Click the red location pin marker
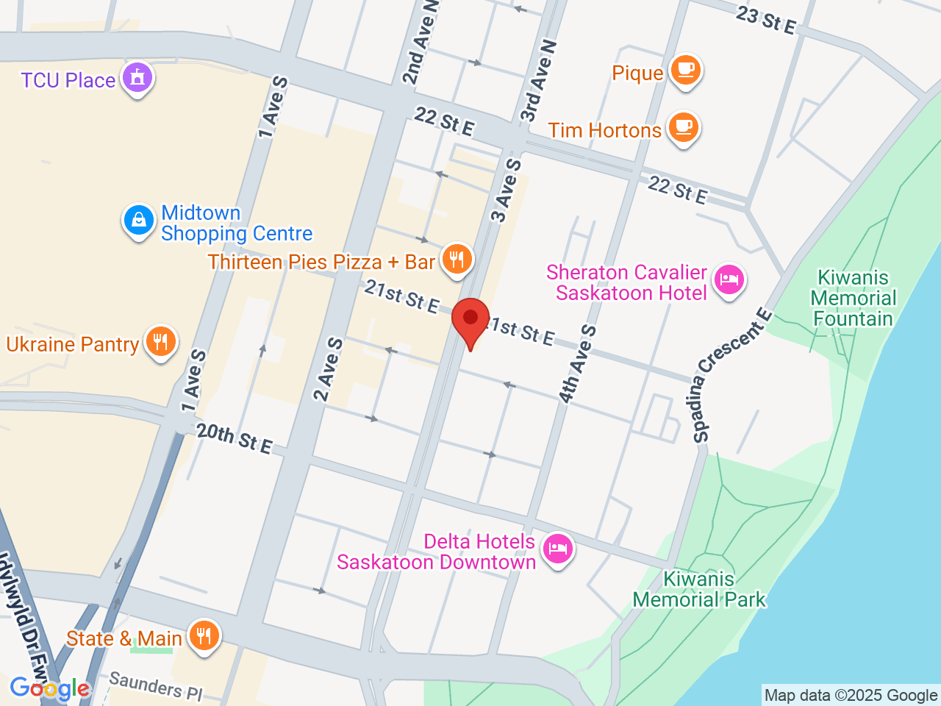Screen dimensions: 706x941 pos(470,320)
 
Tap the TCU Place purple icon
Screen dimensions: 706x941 pos(137,77)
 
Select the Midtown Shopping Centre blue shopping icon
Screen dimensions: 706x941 pos(138,220)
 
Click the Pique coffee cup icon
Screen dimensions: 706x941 pos(685,70)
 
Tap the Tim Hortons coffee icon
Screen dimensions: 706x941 pos(684,127)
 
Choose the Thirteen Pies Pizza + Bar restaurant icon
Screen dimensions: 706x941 pos(457,260)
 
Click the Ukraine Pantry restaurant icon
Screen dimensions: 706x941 pos(160,342)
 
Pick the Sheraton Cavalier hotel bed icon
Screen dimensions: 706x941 pos(728,280)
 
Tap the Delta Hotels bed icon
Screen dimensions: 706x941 pos(558,549)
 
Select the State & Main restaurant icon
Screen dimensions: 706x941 pos(204,636)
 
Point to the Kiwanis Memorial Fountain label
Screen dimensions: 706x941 pos(853,298)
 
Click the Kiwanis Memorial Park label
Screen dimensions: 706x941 pos(699,589)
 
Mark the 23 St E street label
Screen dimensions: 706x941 pos(766,20)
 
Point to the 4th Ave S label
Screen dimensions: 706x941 pos(577,364)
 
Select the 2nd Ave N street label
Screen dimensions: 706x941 pos(420,43)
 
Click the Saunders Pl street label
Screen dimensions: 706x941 pos(156,685)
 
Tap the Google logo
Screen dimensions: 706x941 pos(49,688)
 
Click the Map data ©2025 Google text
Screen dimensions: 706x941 pos(851,695)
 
